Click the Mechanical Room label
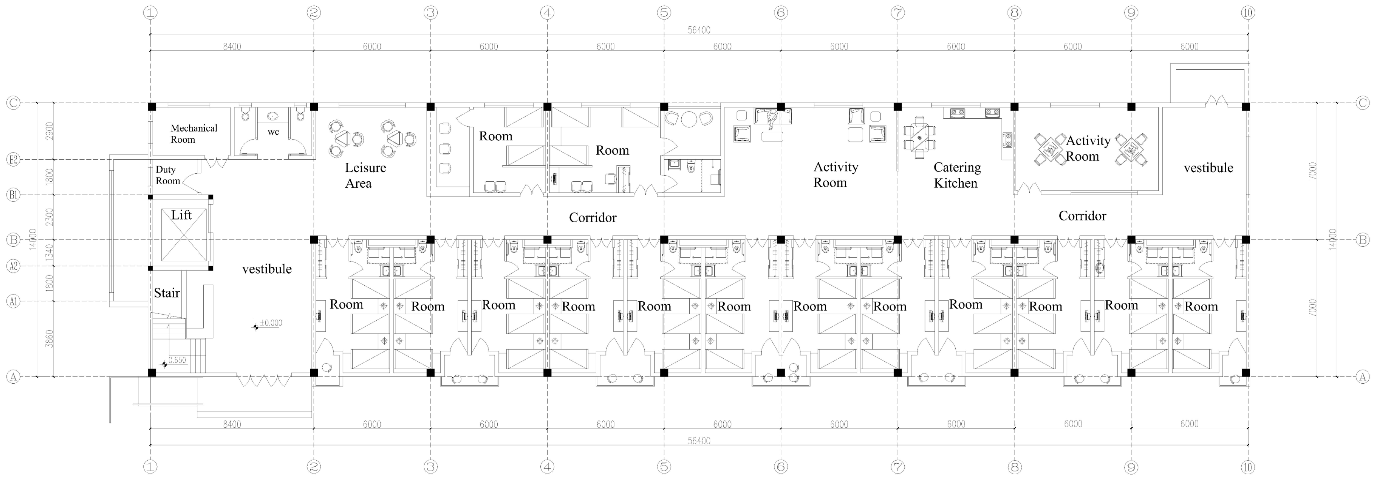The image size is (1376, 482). point(194,134)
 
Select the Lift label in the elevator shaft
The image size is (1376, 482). point(181,215)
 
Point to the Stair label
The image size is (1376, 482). point(167,293)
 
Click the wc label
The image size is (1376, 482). point(273,132)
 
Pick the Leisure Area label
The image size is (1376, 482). point(365,175)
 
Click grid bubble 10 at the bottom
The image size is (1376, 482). point(1248,467)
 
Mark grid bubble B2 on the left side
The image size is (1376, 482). point(13,159)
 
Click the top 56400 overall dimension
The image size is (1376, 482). point(699,30)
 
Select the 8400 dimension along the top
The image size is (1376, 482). point(232,47)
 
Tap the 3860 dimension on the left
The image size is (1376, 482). point(49,338)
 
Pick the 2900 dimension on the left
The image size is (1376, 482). point(49,131)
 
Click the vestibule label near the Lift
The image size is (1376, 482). point(267,269)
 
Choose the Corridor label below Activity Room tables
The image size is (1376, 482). point(1082,216)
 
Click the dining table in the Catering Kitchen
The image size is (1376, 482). point(919,138)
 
